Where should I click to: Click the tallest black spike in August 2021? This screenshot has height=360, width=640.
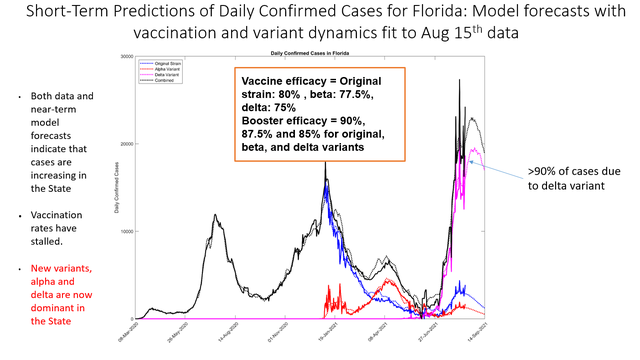click(460, 80)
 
